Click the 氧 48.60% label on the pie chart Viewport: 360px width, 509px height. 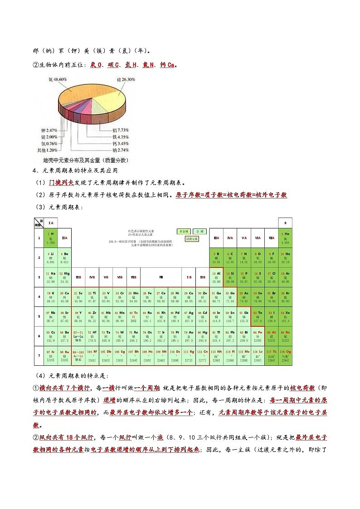click(58, 79)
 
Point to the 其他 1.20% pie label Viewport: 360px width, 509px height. click(47, 150)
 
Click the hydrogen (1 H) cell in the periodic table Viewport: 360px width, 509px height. click(51, 238)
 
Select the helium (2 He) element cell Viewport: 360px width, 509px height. click(285, 238)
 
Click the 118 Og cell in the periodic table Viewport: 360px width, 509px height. click(285, 355)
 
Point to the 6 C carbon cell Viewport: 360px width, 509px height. click(230, 257)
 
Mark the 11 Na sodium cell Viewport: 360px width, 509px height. click(51, 277)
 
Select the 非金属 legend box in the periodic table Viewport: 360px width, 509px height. click(184, 231)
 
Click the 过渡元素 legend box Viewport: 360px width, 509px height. click(192, 238)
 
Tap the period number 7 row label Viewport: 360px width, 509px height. click(39, 355)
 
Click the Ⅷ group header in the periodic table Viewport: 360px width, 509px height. click(161, 277)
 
